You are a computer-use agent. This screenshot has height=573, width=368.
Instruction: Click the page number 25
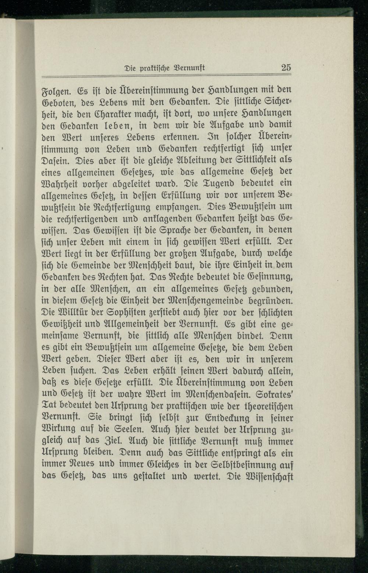(x=286, y=67)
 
